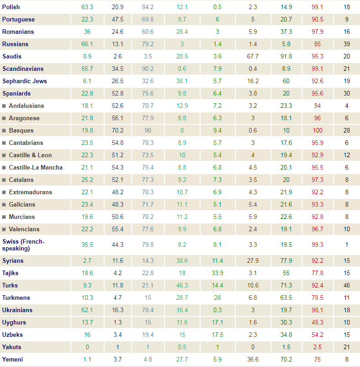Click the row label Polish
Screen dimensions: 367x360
coord(11,7)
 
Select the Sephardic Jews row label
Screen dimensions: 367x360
coord(24,81)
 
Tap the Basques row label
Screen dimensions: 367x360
coord(21,131)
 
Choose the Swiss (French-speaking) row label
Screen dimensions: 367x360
coord(23,245)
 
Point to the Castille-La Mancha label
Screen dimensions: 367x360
coord(36,168)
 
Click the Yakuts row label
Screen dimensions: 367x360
coord(11,347)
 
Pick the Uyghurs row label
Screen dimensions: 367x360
coord(14,323)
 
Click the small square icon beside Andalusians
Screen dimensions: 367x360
coord(4,106)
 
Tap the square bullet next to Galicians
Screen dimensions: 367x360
coord(4,205)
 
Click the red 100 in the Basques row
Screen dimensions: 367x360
coord(317,131)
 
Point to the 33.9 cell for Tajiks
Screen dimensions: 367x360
coord(217,273)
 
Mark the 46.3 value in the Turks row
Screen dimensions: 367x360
coord(182,286)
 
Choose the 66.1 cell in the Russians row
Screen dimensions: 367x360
coord(87,44)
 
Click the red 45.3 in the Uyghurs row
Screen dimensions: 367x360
coord(317,323)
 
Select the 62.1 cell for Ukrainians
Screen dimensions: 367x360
coord(87,310)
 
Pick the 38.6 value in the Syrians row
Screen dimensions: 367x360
coord(182,261)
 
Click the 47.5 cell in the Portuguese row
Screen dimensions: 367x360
coord(117,20)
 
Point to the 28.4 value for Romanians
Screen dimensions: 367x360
coord(182,32)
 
